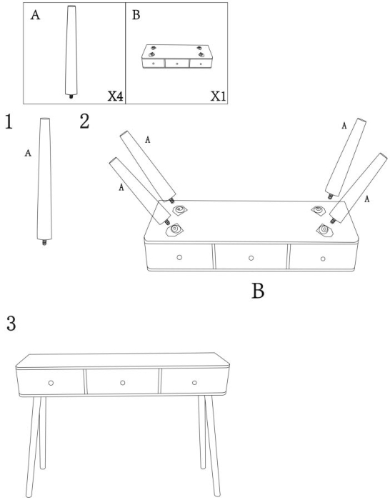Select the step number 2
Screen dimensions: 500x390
(84, 121)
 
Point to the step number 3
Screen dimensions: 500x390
(11, 324)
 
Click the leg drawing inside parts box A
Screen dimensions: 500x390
(71, 50)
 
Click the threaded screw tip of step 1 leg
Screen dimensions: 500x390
(44, 243)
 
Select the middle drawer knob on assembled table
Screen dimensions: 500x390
(123, 383)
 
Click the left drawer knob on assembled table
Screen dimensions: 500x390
(51, 383)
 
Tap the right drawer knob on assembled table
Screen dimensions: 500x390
(194, 383)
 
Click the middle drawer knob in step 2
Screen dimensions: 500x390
(251, 257)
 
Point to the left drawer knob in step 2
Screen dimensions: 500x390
(179, 256)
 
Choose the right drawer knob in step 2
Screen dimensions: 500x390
(323, 258)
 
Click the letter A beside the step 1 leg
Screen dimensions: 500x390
(28, 153)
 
